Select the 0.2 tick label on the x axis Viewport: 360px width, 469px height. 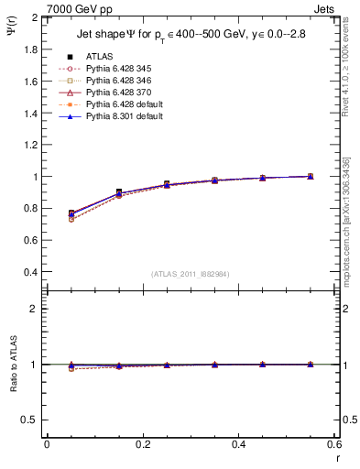[x=142, y=444]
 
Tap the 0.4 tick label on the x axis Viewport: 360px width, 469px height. [x=238, y=444]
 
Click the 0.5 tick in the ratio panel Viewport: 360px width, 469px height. [x=29, y=420]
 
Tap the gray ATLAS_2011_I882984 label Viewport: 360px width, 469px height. [x=190, y=274]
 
